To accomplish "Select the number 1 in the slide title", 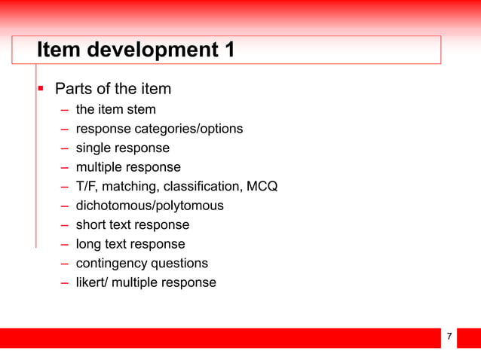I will point(226,50).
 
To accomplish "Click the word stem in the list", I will point(142,110).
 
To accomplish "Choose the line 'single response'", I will point(122,148).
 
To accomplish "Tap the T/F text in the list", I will point(87,186).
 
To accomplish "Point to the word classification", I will point(202,186).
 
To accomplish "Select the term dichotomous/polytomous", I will point(149,205).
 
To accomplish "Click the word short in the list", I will point(91,224).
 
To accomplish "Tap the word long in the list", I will point(89,244).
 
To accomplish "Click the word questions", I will point(181,264).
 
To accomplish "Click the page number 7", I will point(449,337).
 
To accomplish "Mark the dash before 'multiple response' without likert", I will point(66,167).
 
